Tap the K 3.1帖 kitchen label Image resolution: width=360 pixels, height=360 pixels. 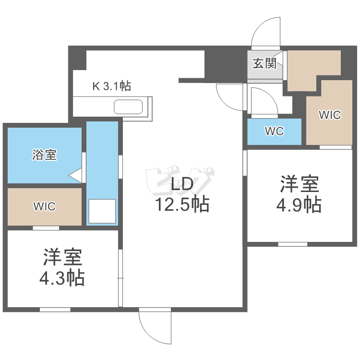(112, 86)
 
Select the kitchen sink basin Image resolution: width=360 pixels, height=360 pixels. (128, 107)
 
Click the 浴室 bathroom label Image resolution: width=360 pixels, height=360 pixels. (45, 155)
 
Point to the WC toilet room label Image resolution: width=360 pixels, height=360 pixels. (274, 132)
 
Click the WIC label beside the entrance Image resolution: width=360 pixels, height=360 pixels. (330, 115)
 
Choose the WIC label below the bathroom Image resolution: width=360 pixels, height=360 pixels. (44, 206)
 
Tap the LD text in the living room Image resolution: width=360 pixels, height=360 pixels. (181, 184)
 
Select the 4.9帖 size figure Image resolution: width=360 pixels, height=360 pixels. (299, 205)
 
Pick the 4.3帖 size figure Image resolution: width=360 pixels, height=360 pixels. (62, 278)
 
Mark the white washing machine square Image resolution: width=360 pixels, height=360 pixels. (102, 211)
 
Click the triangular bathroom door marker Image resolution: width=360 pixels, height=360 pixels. (76, 175)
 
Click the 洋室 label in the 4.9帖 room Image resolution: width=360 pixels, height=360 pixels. (300, 184)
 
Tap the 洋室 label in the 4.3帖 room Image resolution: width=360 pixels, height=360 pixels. (62, 258)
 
